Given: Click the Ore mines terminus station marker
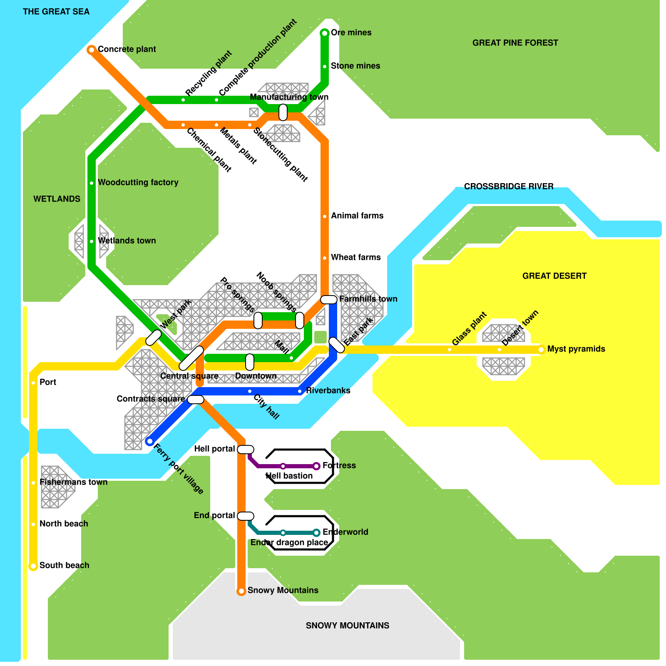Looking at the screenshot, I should point(325,33).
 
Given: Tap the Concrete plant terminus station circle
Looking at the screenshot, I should point(91,50).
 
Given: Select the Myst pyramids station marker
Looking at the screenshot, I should point(541,350).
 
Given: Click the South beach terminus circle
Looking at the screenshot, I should point(33,566).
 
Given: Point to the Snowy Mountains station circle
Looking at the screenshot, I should point(241,591).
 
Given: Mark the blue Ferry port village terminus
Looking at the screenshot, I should point(149,441).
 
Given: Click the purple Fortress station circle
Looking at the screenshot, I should point(316,466).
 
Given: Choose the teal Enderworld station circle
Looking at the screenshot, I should point(316,532).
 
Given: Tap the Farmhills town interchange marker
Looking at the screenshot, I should point(329,300).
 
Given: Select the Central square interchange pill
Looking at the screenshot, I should point(191,358).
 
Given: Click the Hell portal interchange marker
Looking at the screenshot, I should point(246,450).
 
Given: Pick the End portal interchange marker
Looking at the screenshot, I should point(246,516).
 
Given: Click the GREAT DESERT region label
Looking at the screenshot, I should point(554,276).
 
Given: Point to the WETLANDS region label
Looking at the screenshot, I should point(57,199).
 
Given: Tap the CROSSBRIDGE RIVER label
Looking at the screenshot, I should point(509,186).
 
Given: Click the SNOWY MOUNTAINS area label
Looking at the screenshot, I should point(348,626).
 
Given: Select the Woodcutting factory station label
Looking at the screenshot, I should point(138,182).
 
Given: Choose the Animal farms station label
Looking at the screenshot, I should point(357,216).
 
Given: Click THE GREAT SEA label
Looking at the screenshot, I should point(56,12).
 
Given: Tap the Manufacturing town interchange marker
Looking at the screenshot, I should point(283,112).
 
